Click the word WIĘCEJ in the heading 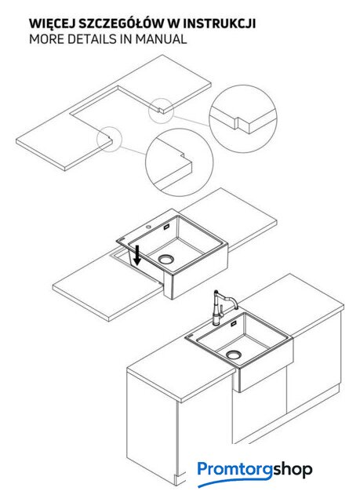pos(52,24)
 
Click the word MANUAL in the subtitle pos(161,39)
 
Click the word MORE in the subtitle pos(47,39)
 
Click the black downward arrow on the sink pos(137,255)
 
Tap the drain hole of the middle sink pos(165,259)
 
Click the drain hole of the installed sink pos(234,355)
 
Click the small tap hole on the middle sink pos(149,227)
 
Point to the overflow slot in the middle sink pos(167,227)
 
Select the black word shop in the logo pos(293,469)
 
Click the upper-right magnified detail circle pos(243,118)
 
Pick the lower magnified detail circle pos(179,162)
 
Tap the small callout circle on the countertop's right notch pos(161,111)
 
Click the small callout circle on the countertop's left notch pos(110,139)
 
